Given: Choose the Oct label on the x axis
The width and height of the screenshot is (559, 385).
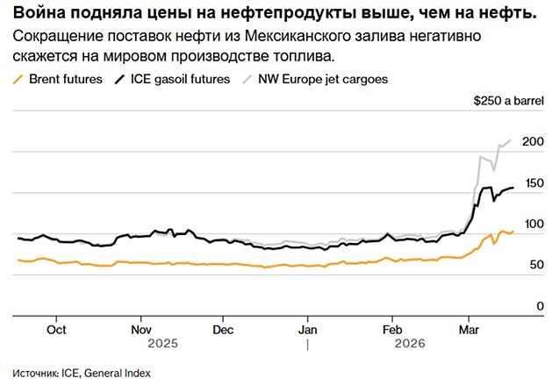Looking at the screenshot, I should click(55, 331).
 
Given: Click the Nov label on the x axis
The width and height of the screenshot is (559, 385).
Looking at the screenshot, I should click(141, 331).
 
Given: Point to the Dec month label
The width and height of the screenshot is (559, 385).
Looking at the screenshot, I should click(224, 331).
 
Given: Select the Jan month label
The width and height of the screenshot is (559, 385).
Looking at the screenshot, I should click(308, 331).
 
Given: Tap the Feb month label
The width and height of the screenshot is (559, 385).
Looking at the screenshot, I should click(392, 331).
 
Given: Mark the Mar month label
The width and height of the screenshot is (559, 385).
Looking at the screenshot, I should click(469, 331).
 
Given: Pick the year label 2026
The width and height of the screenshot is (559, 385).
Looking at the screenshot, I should click(410, 345).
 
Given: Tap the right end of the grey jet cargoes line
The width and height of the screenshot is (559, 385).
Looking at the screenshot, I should click(512, 140).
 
